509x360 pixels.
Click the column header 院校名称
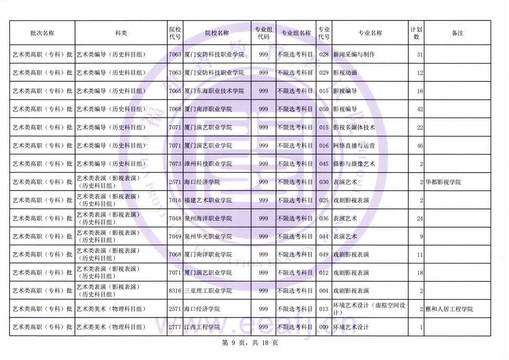(x=217, y=33)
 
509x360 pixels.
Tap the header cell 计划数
(x=416, y=33)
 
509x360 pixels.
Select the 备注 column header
(x=457, y=33)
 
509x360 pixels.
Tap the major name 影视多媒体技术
(x=354, y=128)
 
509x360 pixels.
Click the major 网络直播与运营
(x=354, y=146)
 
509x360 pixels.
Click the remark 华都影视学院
(x=443, y=182)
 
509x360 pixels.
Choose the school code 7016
(x=175, y=200)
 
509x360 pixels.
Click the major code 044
(x=324, y=237)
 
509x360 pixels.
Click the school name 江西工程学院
(x=202, y=328)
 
